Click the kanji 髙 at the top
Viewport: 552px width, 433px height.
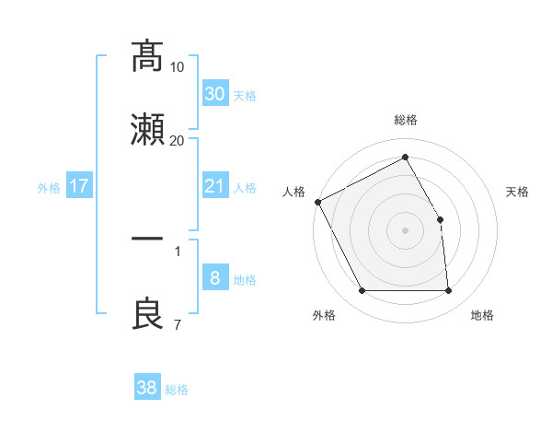(147, 57)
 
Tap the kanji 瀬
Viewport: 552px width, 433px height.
(147, 129)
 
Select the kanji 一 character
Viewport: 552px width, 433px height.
(147, 239)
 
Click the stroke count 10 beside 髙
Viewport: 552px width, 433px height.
(178, 67)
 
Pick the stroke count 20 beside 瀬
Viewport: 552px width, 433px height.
(178, 140)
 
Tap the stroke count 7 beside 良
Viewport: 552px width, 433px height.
(177, 324)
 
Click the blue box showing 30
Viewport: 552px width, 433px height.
(214, 94)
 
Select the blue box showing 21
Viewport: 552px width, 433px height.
(214, 186)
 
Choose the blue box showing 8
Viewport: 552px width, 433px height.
(214, 278)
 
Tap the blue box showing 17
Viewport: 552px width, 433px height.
(79, 186)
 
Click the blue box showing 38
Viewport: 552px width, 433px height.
(146, 388)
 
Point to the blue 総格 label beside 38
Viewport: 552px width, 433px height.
(177, 390)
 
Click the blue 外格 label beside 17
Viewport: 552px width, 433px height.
(49, 188)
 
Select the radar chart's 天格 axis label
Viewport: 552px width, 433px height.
(518, 192)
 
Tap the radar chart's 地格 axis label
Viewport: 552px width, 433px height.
(482, 315)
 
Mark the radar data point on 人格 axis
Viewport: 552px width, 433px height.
(317, 202)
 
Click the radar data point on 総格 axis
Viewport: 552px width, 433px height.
(405, 158)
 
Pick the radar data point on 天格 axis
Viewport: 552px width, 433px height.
(440, 219)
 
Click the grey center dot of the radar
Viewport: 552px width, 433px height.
(405, 230)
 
